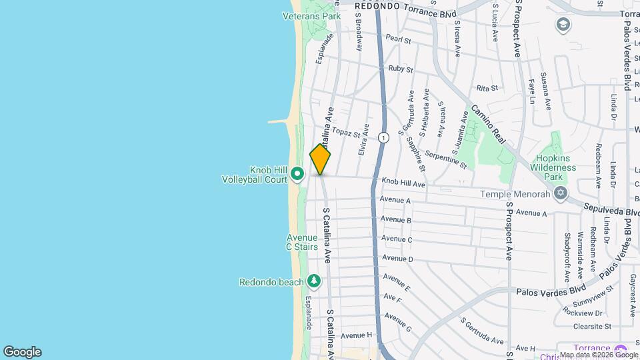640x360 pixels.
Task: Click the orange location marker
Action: pos(320,160)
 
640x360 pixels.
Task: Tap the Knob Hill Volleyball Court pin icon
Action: pos(298,175)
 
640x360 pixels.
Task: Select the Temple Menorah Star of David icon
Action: pos(561,194)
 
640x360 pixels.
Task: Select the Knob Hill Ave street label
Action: pos(403,183)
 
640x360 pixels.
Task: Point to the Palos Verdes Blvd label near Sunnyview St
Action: pos(551,291)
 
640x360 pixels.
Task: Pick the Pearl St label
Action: pos(397,40)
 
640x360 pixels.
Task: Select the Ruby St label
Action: pos(401,69)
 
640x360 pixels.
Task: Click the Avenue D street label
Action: pos(397,259)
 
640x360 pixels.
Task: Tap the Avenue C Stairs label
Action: pos(302,242)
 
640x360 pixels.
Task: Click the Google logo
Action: pos(22,352)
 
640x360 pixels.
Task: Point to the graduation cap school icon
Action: pos(563,25)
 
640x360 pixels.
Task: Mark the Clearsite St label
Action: pos(592,326)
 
